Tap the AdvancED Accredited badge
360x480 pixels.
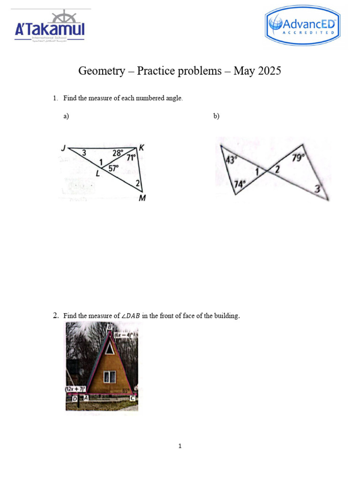pos(302,28)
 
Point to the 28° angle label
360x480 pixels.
pos(118,153)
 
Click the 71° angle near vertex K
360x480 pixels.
pos(131,158)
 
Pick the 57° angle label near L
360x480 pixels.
pos(114,168)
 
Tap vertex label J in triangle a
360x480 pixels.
pos(63,148)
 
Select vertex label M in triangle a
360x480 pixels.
pos(142,198)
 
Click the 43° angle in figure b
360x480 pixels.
pos(231,160)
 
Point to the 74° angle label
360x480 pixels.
pos(240,185)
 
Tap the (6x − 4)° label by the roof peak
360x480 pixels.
pos(124,335)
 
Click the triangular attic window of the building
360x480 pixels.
pos(109,348)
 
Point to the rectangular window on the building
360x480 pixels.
pos(110,376)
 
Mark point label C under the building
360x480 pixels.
pos(132,398)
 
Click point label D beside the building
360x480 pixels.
pos(75,398)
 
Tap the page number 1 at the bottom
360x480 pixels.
pos(180,446)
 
